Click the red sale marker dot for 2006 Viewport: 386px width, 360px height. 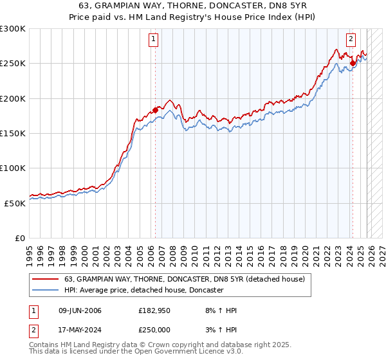(155, 110)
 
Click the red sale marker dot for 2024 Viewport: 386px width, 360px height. (353, 63)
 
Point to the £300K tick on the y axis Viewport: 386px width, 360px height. (13, 29)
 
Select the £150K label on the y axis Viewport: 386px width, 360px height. (13, 134)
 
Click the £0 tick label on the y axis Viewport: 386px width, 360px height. (19, 238)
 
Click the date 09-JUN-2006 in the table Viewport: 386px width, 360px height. (79, 311)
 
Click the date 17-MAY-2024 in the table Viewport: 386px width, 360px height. (79, 329)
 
